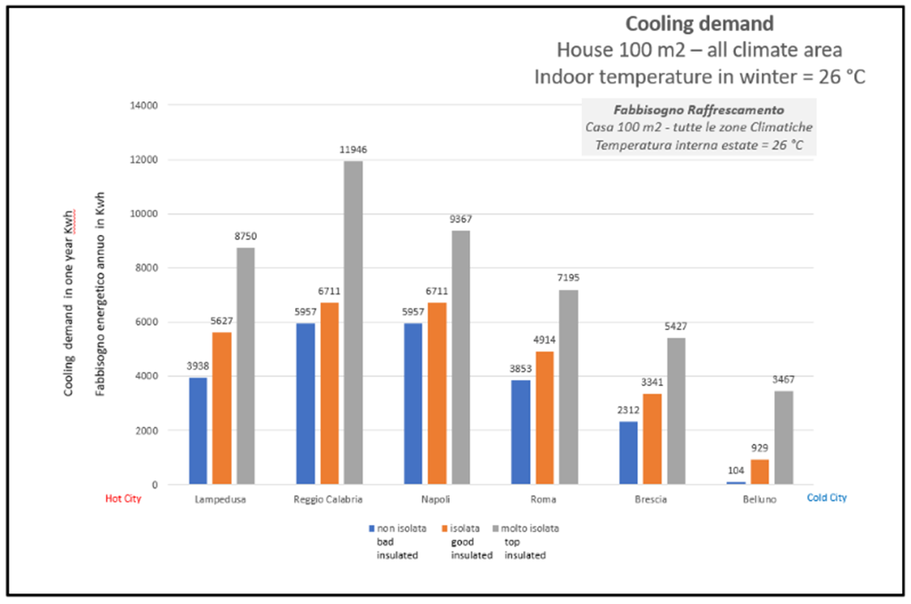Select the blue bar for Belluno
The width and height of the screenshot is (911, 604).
tap(734, 483)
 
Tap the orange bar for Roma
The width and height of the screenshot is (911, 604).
tap(543, 418)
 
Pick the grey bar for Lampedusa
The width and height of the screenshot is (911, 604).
tap(245, 366)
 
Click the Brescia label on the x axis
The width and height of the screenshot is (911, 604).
tap(651, 500)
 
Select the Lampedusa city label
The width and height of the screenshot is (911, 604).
tap(221, 500)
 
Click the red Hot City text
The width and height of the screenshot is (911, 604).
tap(124, 499)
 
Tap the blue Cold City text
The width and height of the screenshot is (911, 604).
tap(827, 498)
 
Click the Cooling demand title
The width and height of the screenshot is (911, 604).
tap(699, 24)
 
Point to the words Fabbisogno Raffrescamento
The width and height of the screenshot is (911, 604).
tap(697, 110)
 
